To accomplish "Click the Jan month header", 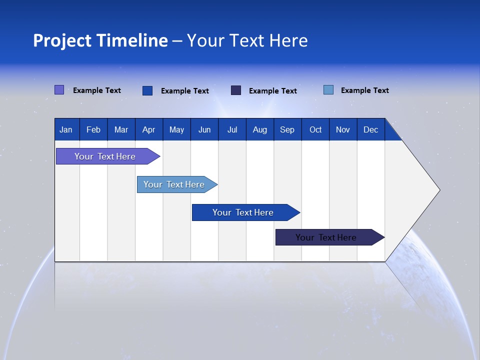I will [66, 129].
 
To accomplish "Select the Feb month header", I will [93, 129].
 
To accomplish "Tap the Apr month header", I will [148, 129].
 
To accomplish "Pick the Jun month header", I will [204, 129].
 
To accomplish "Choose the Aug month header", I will [259, 129].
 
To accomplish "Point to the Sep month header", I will [287, 129].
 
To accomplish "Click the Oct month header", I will [315, 129].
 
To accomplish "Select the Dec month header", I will [370, 129].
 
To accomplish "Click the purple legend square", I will [59, 90].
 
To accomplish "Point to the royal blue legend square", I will [147, 90].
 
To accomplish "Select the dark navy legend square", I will [236, 90].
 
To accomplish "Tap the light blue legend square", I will [328, 90].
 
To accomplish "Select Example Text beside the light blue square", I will [364, 90].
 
